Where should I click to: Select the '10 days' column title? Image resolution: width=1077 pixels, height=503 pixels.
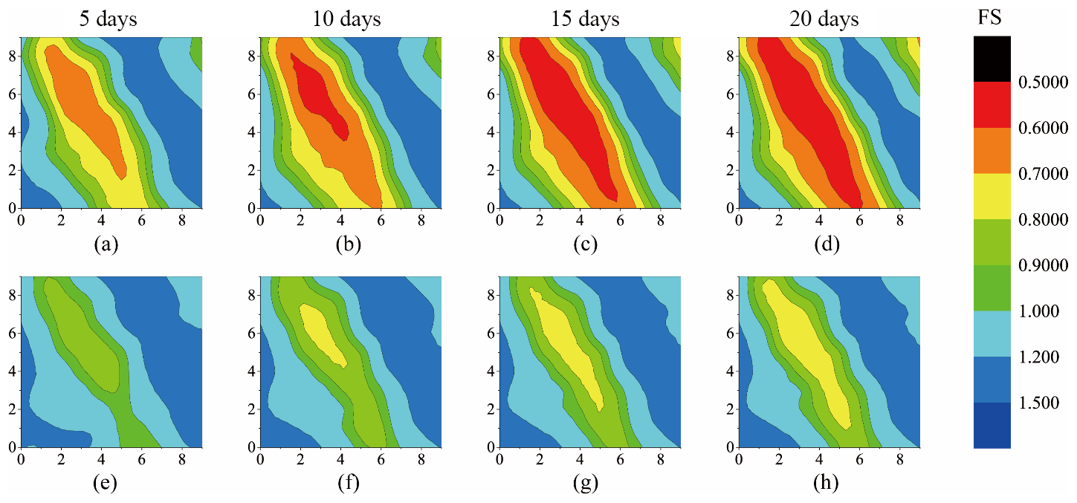coord(347,19)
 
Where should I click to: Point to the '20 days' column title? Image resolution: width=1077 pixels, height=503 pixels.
coord(824,19)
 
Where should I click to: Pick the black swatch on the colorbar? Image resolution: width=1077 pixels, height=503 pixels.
coord(992,59)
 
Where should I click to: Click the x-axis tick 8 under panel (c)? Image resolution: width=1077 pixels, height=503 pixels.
coord(661,221)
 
